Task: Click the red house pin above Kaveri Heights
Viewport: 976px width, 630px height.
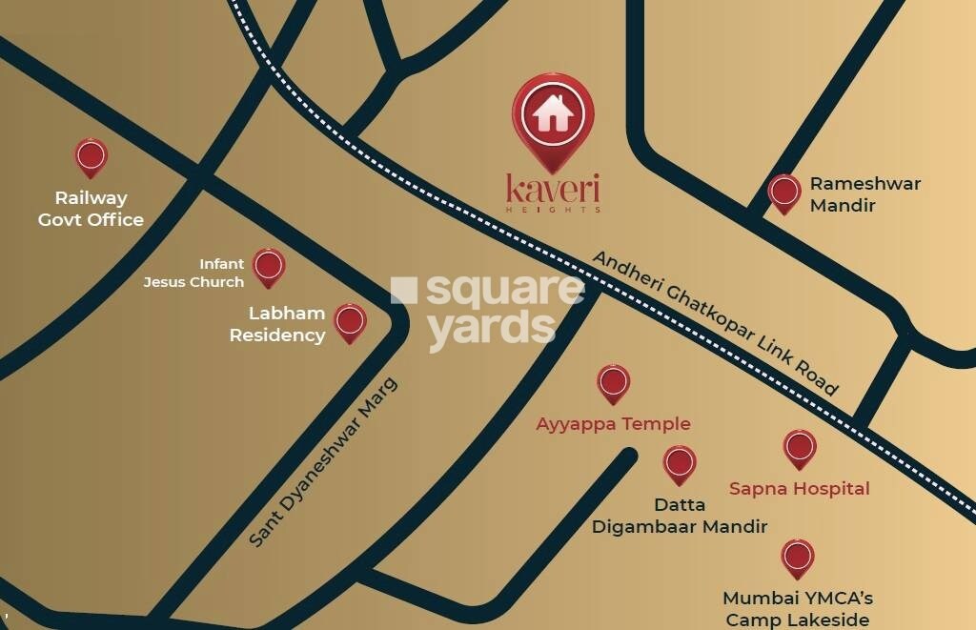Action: pyautogui.click(x=553, y=116)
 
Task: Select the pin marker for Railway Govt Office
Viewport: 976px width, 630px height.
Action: pyautogui.click(x=91, y=156)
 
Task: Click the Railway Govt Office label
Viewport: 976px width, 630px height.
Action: pyautogui.click(x=91, y=209)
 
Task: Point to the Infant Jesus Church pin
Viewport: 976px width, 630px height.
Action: pyautogui.click(x=269, y=267)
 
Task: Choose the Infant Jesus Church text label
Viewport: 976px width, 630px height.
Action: pyautogui.click(x=194, y=273)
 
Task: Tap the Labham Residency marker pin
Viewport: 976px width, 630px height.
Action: pyautogui.click(x=351, y=322)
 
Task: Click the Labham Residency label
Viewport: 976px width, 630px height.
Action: pyautogui.click(x=287, y=324)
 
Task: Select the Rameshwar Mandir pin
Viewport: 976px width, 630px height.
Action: pyautogui.click(x=784, y=193)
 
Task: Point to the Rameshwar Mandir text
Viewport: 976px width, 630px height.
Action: pyautogui.click(x=864, y=193)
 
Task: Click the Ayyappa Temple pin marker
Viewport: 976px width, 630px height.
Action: pyautogui.click(x=613, y=383)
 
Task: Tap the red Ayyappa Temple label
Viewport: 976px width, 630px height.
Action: pyautogui.click(x=613, y=424)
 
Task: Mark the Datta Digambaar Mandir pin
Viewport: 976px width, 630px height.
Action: pyautogui.click(x=680, y=464)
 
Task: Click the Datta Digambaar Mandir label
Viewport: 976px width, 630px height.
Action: pyautogui.click(x=680, y=516)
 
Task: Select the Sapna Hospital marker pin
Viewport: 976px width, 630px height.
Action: pyautogui.click(x=799, y=449)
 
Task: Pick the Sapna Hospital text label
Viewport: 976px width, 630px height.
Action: pyautogui.click(x=799, y=489)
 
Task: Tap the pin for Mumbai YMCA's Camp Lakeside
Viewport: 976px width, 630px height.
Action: pyautogui.click(x=797, y=558)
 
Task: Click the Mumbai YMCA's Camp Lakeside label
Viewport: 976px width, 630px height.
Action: pyautogui.click(x=797, y=609)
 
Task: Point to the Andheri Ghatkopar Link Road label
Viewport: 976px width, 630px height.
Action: pyautogui.click(x=715, y=323)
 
